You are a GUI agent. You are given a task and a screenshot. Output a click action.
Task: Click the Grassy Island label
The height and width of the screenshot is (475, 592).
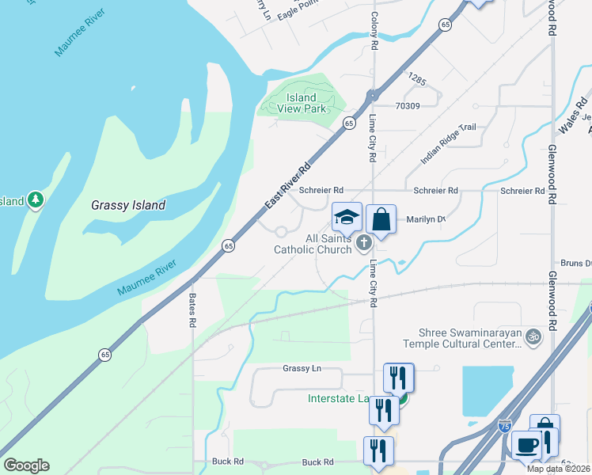tap(127, 205)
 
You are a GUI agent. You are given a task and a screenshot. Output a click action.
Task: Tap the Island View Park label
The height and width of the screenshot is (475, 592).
tap(302, 103)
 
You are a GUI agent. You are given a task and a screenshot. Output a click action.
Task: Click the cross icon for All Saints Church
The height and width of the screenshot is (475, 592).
tap(364, 243)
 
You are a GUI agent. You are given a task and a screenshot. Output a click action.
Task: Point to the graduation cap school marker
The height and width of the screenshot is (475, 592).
tap(347, 218)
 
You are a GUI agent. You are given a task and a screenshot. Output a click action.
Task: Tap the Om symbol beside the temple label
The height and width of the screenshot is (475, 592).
tap(533, 337)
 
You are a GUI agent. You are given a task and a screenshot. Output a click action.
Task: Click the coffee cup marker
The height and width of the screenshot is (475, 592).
tap(526, 445)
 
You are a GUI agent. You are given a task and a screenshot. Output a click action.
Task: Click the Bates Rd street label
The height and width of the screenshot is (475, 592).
tap(192, 310)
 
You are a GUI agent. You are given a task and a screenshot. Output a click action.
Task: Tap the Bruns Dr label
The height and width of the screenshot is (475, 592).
tap(575, 263)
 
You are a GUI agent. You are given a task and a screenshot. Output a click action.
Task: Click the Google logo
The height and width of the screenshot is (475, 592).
tap(26, 465)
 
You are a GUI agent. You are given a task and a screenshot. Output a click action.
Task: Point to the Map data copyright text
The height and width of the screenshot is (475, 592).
tap(559, 469)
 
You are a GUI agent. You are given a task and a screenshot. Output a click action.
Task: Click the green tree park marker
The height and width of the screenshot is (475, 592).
tap(35, 200)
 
